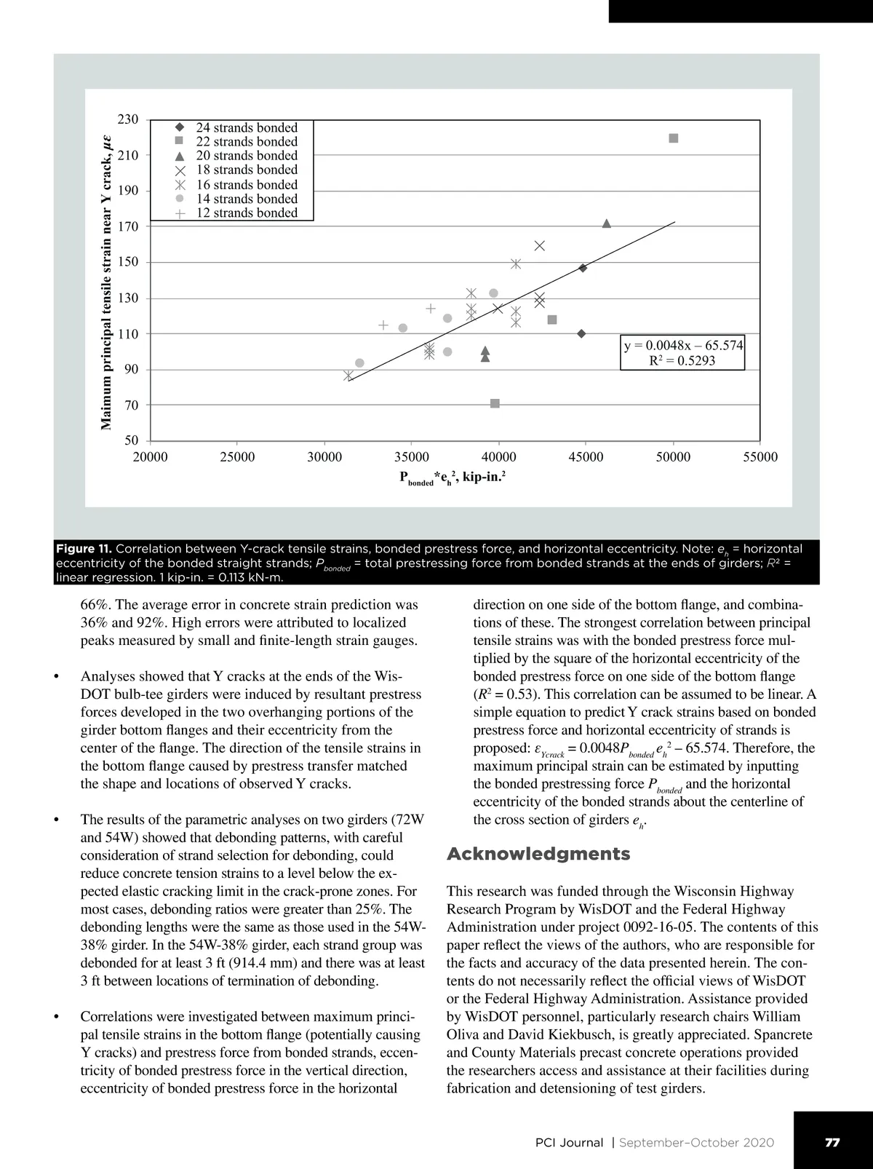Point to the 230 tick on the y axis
click(128, 119)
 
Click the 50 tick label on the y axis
click(131, 440)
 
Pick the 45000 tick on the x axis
click(586, 457)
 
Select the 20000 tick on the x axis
click(150, 457)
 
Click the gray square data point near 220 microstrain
click(674, 138)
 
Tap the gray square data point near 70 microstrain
click(495, 403)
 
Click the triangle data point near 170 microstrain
click(607, 223)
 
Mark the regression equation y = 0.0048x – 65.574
click(683, 345)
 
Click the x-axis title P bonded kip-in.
click(453, 478)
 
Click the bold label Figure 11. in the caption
click(84, 549)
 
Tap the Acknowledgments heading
click(538, 854)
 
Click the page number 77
click(832, 1142)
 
